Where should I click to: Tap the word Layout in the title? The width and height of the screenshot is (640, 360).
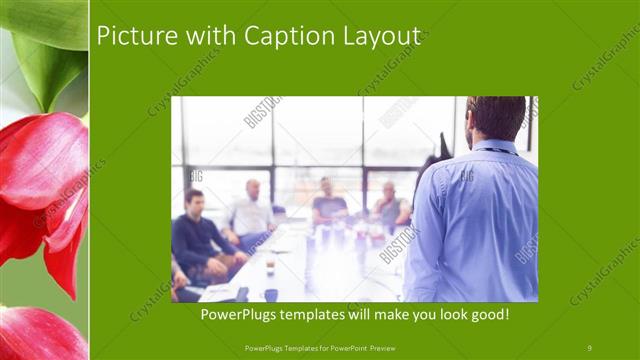pyautogui.click(x=378, y=36)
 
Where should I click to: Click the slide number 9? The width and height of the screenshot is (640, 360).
pyautogui.click(x=590, y=347)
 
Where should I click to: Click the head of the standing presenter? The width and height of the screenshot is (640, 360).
pyautogui.click(x=496, y=117)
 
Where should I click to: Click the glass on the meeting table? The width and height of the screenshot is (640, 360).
pyautogui.click(x=270, y=264)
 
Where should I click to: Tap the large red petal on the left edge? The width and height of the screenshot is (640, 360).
pyautogui.click(x=40, y=190)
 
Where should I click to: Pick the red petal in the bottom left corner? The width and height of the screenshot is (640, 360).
pyautogui.click(x=40, y=335)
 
